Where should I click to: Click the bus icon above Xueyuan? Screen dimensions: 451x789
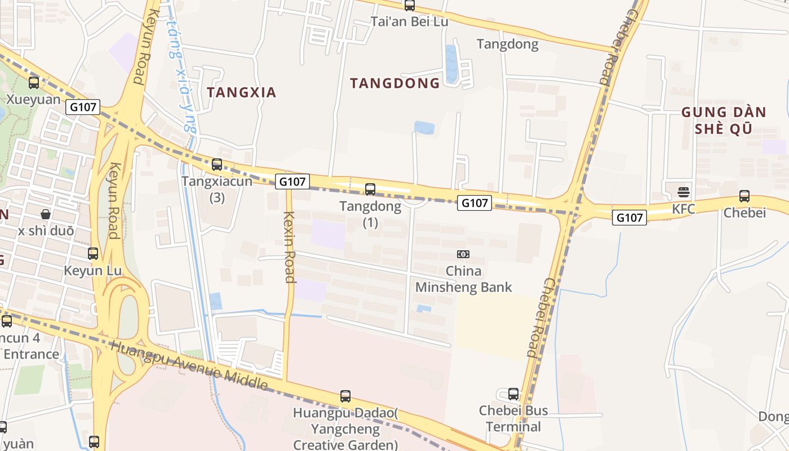pyautogui.click(x=34, y=83)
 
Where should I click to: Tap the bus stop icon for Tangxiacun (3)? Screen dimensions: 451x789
pyautogui.click(x=217, y=165)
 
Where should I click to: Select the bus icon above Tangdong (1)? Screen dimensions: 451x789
pyautogui.click(x=370, y=189)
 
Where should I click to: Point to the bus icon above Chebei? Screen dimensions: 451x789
pyautogui.click(x=744, y=196)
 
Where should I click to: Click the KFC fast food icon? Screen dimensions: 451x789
pyautogui.click(x=684, y=192)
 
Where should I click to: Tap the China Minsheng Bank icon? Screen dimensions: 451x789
pyautogui.click(x=463, y=254)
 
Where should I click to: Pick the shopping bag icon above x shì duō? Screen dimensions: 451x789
pyautogui.click(x=46, y=214)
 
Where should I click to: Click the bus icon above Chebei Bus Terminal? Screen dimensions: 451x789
pyautogui.click(x=513, y=393)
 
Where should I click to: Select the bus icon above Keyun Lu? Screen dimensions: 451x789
pyautogui.click(x=93, y=254)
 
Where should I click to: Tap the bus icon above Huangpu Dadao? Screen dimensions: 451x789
pyautogui.click(x=345, y=396)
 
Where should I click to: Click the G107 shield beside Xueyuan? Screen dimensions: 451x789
pyautogui.click(x=83, y=107)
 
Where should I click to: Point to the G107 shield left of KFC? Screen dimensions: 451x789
pyautogui.click(x=629, y=217)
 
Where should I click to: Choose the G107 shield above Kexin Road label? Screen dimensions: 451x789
pyautogui.click(x=292, y=182)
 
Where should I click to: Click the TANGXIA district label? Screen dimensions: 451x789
pyautogui.click(x=241, y=92)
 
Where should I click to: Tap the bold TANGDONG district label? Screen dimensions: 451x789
pyautogui.click(x=394, y=83)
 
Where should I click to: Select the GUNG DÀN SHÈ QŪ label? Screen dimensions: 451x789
pyautogui.click(x=724, y=120)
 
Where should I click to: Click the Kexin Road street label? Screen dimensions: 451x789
pyautogui.click(x=290, y=247)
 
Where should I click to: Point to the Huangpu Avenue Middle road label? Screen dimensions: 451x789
pyautogui.click(x=189, y=365)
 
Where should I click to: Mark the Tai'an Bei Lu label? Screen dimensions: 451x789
pyautogui.click(x=409, y=21)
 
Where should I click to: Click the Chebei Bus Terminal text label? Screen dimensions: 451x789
pyautogui.click(x=513, y=418)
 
